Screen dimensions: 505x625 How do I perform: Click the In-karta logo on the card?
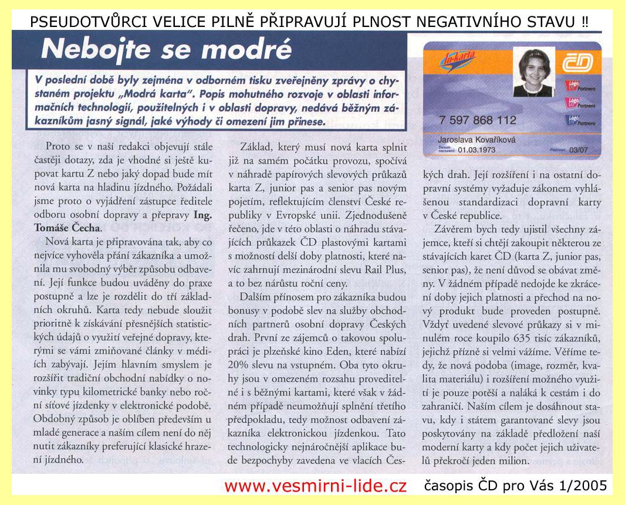461,60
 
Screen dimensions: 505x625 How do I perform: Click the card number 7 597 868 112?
477,120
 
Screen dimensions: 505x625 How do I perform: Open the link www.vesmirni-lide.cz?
316,486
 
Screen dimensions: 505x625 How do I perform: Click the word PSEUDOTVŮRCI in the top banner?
77,22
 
